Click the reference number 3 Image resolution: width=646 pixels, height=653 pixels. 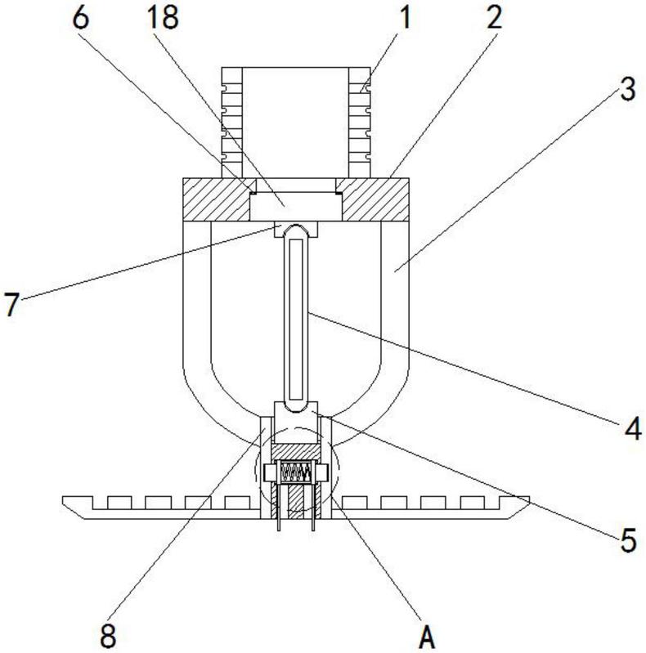(628, 89)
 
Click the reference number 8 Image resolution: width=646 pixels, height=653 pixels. (108, 636)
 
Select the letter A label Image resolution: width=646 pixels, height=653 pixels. (427, 636)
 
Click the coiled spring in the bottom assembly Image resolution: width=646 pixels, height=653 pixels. (296, 472)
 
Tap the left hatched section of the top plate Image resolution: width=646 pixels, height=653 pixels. (217, 199)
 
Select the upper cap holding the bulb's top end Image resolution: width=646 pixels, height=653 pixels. (296, 229)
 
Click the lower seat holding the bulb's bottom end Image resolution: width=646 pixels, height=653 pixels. (296, 409)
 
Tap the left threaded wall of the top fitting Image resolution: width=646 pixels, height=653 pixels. (231, 123)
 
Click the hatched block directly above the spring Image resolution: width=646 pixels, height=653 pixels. (296, 451)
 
